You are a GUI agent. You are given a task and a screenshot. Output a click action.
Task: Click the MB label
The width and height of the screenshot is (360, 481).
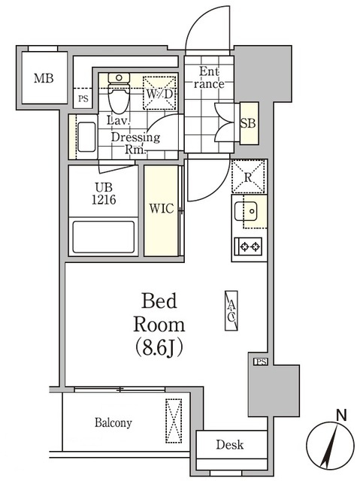pos(44,78)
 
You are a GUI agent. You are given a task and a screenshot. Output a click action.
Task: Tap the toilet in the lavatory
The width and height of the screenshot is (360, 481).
pos(119,93)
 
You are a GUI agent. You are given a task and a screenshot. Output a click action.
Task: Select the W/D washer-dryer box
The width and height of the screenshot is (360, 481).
pos(159,92)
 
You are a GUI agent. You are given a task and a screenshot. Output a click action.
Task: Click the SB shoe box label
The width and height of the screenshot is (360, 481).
pos(248,123)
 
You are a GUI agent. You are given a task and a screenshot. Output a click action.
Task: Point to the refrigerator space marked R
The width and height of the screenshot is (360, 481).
pos(248,177)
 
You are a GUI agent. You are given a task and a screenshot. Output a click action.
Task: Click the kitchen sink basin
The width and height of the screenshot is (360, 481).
pos(246,211)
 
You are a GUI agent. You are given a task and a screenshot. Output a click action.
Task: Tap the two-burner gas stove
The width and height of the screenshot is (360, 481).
pos(248,247)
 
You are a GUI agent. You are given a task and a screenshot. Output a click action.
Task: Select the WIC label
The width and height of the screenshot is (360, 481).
pos(162,209)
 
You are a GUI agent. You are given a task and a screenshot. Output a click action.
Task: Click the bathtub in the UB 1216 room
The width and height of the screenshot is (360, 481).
pos(103,237)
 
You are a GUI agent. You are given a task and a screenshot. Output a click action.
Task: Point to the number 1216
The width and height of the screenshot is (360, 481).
pos(104,200)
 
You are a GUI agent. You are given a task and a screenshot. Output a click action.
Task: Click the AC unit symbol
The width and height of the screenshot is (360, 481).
pos(231,310)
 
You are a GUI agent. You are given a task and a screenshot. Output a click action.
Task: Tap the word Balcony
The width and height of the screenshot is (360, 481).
pos(113,422)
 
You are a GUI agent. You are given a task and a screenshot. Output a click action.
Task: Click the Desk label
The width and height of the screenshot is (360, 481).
pos(230,444)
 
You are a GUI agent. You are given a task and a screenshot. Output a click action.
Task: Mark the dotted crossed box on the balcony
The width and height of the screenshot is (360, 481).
pos(174,421)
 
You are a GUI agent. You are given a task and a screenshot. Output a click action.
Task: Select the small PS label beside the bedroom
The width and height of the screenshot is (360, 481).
pos(261,362)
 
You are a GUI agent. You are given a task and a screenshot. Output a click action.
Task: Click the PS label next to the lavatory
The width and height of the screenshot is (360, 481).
pos(83,98)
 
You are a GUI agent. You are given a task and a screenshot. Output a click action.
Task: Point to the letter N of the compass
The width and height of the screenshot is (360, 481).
pos(341,416)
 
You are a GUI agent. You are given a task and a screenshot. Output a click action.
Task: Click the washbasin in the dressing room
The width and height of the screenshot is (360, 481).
pos(86,137)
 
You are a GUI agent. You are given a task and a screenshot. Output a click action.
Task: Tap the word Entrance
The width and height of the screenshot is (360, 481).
pos(209,77)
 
